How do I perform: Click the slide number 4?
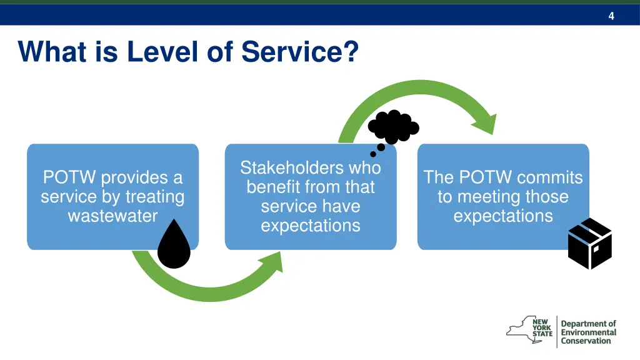click(x=611, y=16)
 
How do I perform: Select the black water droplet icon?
click(x=173, y=244)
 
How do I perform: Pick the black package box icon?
click(x=589, y=244)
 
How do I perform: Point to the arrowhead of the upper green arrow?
click(x=486, y=124)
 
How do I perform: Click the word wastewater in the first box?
click(x=112, y=216)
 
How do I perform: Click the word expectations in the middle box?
click(x=310, y=226)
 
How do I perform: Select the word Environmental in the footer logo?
click(x=588, y=332)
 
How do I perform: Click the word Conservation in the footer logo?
click(x=586, y=341)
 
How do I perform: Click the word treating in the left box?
click(x=154, y=197)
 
